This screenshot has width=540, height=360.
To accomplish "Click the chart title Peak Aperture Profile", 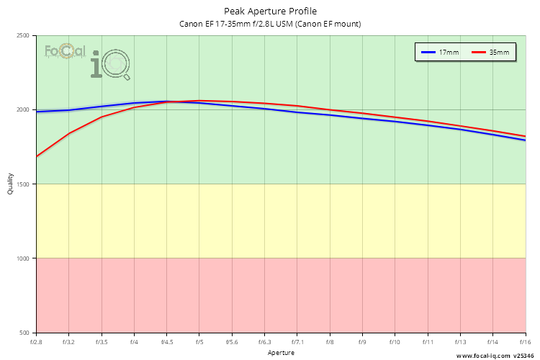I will click(x=270, y=12).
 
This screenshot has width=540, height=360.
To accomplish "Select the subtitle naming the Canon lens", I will click(x=270, y=24).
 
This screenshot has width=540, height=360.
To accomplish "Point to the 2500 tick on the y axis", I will click(x=23, y=36).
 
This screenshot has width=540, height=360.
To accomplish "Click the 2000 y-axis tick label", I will click(x=23, y=110).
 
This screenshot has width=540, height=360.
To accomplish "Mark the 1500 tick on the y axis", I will click(x=23, y=184).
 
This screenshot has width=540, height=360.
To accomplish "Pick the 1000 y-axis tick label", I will click(x=23, y=258).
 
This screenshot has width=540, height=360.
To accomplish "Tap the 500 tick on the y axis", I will click(x=24, y=333).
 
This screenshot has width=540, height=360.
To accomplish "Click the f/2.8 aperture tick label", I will click(x=36, y=341).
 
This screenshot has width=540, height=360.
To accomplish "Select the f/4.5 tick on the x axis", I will click(x=166, y=341).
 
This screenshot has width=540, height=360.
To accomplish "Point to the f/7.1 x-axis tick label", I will click(x=297, y=341).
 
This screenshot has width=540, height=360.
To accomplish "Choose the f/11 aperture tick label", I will click(x=428, y=341).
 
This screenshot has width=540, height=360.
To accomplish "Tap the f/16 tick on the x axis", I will click(x=525, y=341).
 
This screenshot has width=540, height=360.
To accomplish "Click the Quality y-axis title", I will click(x=10, y=184).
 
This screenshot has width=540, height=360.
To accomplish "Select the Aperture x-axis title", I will click(x=281, y=353).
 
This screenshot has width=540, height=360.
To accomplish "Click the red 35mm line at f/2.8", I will click(x=37, y=156).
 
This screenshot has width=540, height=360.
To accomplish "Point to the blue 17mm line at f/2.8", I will click(x=37, y=112).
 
